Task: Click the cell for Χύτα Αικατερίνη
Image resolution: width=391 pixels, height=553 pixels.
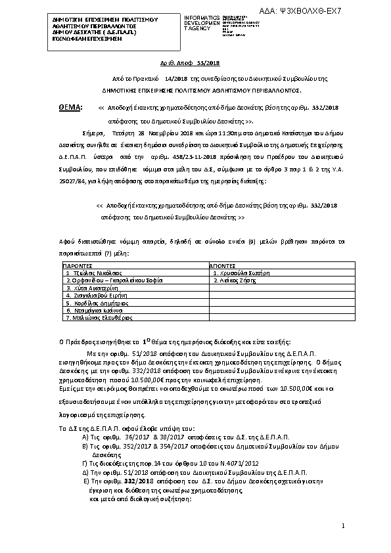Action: pyautogui.click(x=91, y=288)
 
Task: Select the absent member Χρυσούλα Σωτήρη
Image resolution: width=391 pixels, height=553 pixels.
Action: pyautogui.click(x=242, y=272)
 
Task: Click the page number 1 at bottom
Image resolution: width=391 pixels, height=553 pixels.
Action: pyautogui.click(x=343, y=527)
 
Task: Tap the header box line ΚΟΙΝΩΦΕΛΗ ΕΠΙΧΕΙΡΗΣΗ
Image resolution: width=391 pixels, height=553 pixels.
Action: pyautogui.click(x=78, y=39)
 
